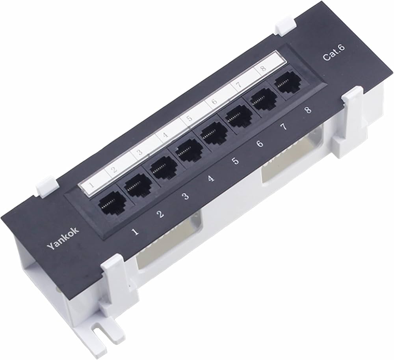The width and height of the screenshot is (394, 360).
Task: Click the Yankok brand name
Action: [63, 239]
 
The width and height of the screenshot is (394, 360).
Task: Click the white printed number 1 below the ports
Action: [136, 232]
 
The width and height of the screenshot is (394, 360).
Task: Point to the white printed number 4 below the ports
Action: [211, 179]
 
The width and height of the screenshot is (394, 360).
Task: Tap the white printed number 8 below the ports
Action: [308, 110]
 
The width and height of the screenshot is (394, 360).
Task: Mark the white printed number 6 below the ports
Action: [259, 144]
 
